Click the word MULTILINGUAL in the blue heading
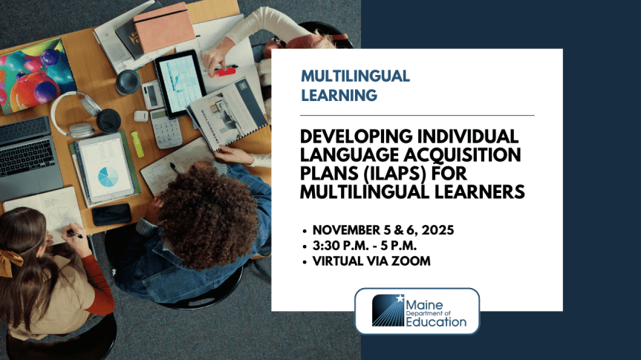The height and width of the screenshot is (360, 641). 355,76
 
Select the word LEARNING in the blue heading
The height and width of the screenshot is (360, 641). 339,95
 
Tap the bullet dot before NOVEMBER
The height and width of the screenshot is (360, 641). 307,231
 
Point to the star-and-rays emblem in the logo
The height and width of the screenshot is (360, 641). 387,311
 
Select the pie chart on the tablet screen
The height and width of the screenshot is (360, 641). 108,176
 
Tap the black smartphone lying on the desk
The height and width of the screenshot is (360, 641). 112,215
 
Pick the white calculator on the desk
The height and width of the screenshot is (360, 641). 166,128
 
